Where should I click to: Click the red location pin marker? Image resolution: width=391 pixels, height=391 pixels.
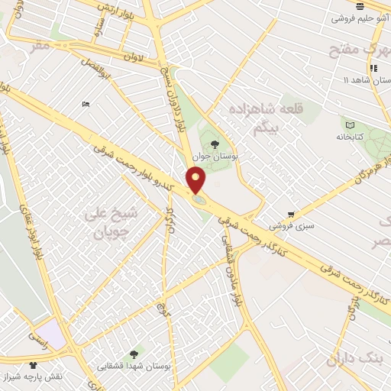pos(196,181)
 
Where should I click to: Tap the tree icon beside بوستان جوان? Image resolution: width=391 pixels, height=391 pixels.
pos(214,143)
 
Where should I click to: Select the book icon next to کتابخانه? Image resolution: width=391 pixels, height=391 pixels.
pos(350,125)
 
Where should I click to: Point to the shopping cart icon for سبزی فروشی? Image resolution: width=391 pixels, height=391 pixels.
pos(291,215)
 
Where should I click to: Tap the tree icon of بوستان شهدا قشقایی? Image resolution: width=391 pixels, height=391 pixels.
pos(134,354)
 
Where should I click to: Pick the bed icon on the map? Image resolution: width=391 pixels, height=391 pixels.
pos(86,104)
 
